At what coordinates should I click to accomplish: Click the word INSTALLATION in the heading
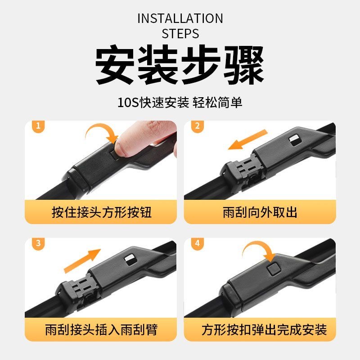(180, 18)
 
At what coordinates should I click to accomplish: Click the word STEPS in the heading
(180, 33)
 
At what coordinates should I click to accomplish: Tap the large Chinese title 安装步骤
(180, 65)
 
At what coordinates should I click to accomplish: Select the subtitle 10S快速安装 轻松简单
(180, 103)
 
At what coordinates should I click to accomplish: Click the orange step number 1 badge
(38, 126)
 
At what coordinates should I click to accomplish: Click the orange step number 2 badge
(198, 126)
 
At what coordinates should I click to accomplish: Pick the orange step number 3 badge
(38, 243)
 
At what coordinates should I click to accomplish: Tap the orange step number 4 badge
(198, 243)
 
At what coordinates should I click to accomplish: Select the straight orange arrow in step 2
(247, 139)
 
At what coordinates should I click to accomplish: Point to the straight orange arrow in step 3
(82, 261)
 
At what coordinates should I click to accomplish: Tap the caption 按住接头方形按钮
(102, 212)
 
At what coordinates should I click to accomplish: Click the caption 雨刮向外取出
(260, 212)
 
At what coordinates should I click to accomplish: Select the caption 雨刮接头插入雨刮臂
(102, 330)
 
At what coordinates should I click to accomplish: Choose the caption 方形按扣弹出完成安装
(264, 330)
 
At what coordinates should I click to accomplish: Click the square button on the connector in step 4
(274, 269)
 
